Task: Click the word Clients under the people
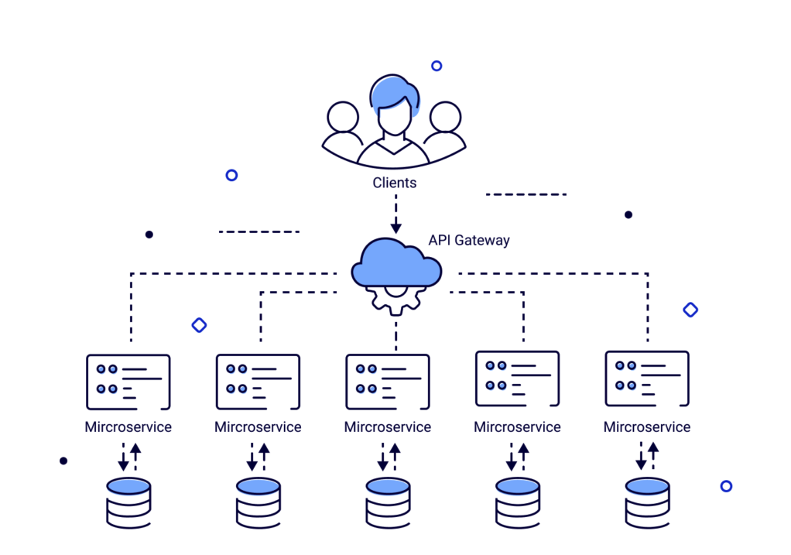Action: (395, 183)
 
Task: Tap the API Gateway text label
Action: (469, 240)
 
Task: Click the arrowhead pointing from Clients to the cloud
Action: (395, 228)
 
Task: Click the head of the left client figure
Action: (343, 118)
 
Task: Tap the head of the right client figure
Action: (446, 118)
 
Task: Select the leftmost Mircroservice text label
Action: (128, 427)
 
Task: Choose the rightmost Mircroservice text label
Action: (647, 427)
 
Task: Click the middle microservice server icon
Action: (387, 382)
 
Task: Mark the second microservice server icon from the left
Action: (258, 382)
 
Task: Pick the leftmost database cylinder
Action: (128, 502)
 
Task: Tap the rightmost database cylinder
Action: (647, 502)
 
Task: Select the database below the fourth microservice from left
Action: (518, 502)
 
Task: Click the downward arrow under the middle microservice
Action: (382, 457)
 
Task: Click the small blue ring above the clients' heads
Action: (437, 66)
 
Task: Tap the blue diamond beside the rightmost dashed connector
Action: (690, 310)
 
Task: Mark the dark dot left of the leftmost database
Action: (63, 461)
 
